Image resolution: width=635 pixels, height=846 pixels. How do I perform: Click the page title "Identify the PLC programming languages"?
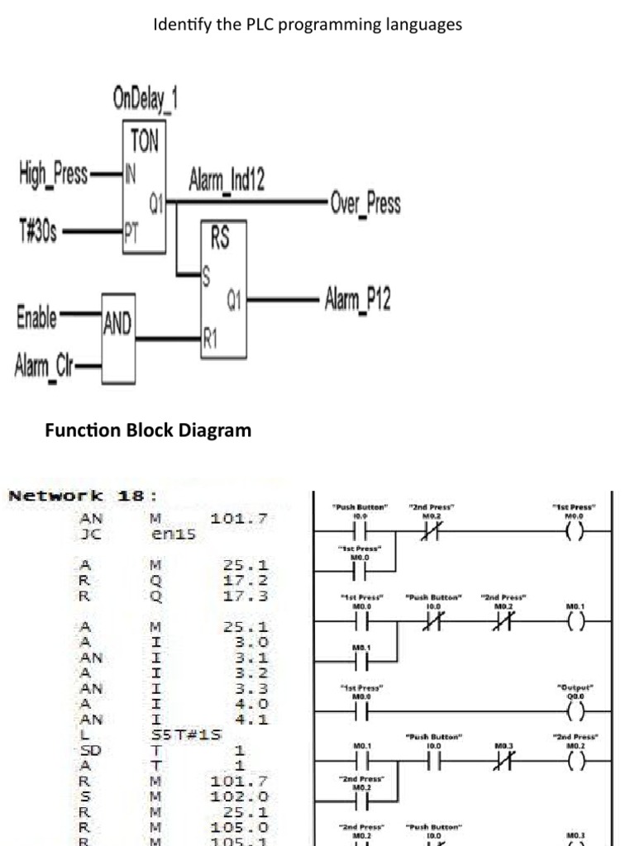[x=308, y=25]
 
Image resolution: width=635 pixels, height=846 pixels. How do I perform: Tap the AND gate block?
[x=117, y=326]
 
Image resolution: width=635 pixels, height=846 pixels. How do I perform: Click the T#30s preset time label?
[x=37, y=229]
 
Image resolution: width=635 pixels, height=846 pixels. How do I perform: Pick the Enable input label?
[x=36, y=316]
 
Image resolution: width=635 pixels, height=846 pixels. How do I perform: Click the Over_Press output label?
[x=365, y=203]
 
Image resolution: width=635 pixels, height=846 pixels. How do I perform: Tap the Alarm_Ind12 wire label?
[x=227, y=179]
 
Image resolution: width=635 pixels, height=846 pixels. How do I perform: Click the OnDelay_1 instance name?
[x=145, y=102]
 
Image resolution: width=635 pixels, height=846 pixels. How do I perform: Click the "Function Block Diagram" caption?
[x=148, y=430]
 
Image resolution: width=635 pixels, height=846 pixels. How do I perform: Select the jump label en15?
[x=166, y=535]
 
